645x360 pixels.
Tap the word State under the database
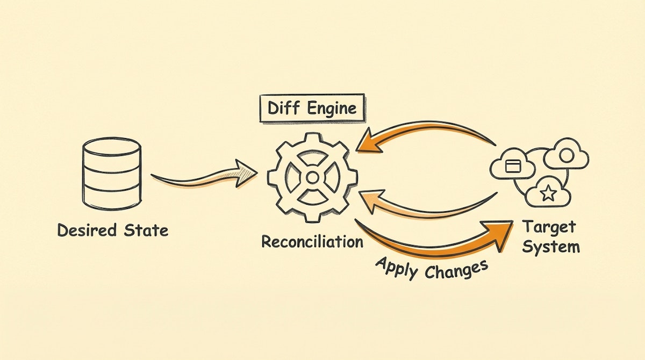pos(144,231)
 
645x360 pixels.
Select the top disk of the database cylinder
pos(112,145)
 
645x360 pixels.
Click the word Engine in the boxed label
pos(332,109)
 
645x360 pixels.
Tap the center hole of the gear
pos(312,177)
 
